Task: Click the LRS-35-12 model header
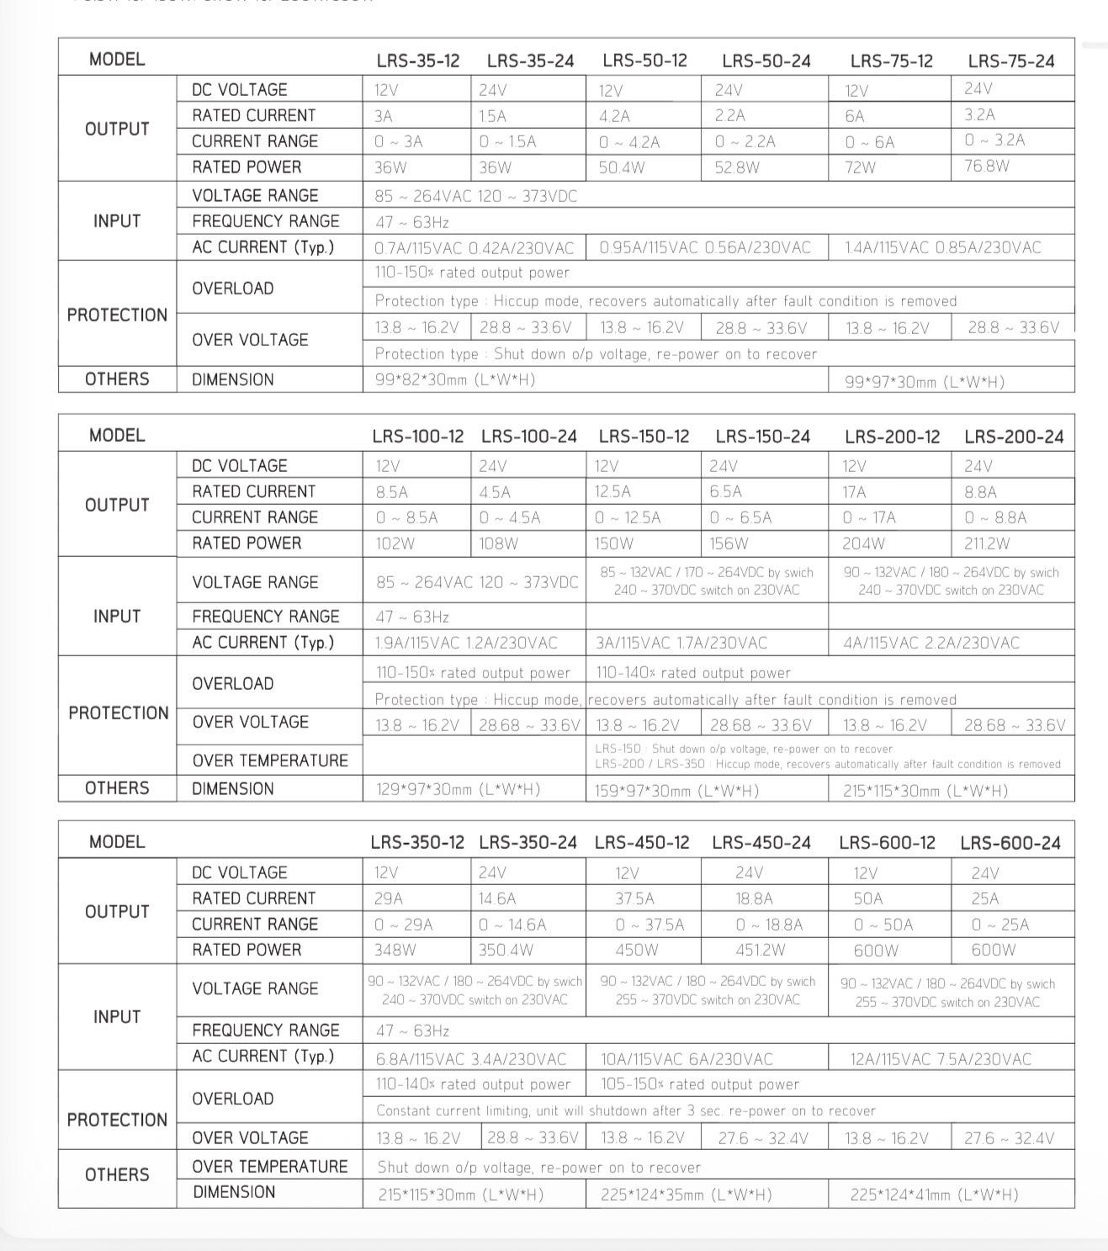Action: (x=418, y=61)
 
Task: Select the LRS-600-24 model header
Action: (x=1010, y=843)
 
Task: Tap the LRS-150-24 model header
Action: (x=762, y=437)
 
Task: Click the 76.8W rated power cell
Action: (x=987, y=166)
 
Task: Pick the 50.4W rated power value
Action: (x=622, y=167)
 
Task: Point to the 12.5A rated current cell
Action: (x=612, y=491)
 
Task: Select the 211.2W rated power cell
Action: (x=987, y=543)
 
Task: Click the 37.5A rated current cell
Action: (x=634, y=898)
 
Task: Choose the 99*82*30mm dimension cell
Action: (x=454, y=379)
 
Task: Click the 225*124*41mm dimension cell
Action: (x=934, y=1195)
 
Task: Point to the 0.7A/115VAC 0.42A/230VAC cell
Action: (x=474, y=247)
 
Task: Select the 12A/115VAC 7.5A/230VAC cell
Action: (x=940, y=1059)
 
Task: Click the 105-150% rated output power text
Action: (x=699, y=1084)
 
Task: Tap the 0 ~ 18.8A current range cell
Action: (x=769, y=925)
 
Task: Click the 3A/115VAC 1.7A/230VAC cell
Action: (x=681, y=644)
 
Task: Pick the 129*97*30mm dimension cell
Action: (x=458, y=790)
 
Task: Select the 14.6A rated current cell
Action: (x=497, y=898)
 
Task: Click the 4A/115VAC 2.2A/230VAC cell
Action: (x=930, y=644)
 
